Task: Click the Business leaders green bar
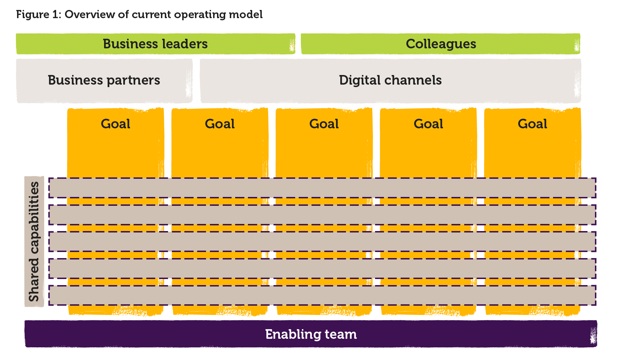pyautogui.click(x=155, y=44)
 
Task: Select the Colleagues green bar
pyautogui.click(x=440, y=44)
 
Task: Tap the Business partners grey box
pyautogui.click(x=104, y=80)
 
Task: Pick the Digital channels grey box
pyautogui.click(x=390, y=80)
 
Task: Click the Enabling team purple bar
pyautogui.click(x=311, y=334)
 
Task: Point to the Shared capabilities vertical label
pyautogui.click(x=34, y=242)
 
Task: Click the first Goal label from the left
pyautogui.click(x=115, y=124)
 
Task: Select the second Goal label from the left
pyautogui.click(x=220, y=124)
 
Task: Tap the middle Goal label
pyautogui.click(x=324, y=124)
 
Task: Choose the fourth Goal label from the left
pyautogui.click(x=428, y=124)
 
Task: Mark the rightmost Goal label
pyautogui.click(x=532, y=124)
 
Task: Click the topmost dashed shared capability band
pyautogui.click(x=322, y=188)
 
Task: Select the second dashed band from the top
pyautogui.click(x=322, y=215)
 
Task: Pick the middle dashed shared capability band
pyautogui.click(x=322, y=242)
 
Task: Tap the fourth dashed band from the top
pyautogui.click(x=322, y=268)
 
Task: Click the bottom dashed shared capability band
pyautogui.click(x=322, y=295)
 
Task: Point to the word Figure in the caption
pyautogui.click(x=33, y=15)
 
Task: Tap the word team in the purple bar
pyautogui.click(x=340, y=334)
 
